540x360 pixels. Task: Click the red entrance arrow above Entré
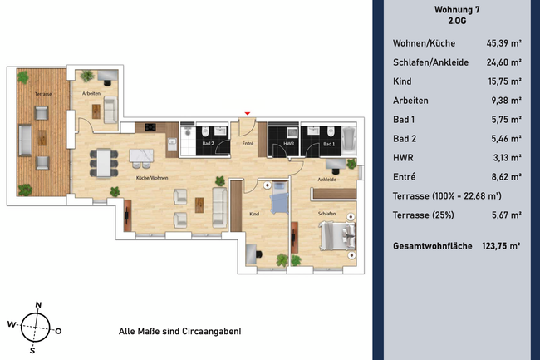tap(246, 113)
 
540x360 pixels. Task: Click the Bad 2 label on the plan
tap(209, 144)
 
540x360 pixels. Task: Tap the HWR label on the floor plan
tap(288, 144)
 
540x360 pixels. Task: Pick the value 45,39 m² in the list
tap(503, 45)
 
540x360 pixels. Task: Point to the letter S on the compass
tap(32, 350)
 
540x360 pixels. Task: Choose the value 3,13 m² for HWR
tap(506, 157)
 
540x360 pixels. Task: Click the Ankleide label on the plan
tap(326, 178)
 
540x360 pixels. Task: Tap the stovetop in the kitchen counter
tap(151, 127)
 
